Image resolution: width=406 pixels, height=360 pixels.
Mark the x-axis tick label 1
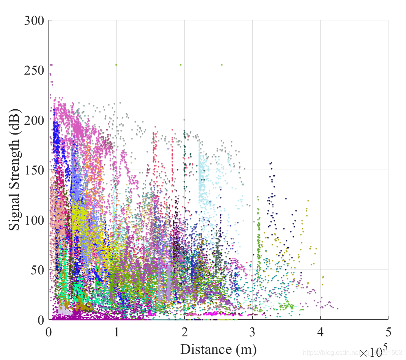pyautogui.click(x=117, y=332)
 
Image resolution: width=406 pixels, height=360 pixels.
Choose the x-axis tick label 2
pyautogui.click(x=185, y=332)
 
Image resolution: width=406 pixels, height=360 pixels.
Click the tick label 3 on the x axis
pyautogui.click(x=252, y=332)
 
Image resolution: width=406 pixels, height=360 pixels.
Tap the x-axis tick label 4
pyautogui.click(x=320, y=332)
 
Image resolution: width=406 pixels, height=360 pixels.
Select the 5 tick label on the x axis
pyautogui.click(x=388, y=332)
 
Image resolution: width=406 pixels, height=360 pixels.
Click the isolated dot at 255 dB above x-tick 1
pyautogui.click(x=116, y=65)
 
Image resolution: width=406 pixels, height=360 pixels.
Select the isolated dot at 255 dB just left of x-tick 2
pyautogui.click(x=181, y=65)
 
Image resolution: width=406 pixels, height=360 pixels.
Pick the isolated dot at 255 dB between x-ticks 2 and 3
pyautogui.click(x=222, y=65)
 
